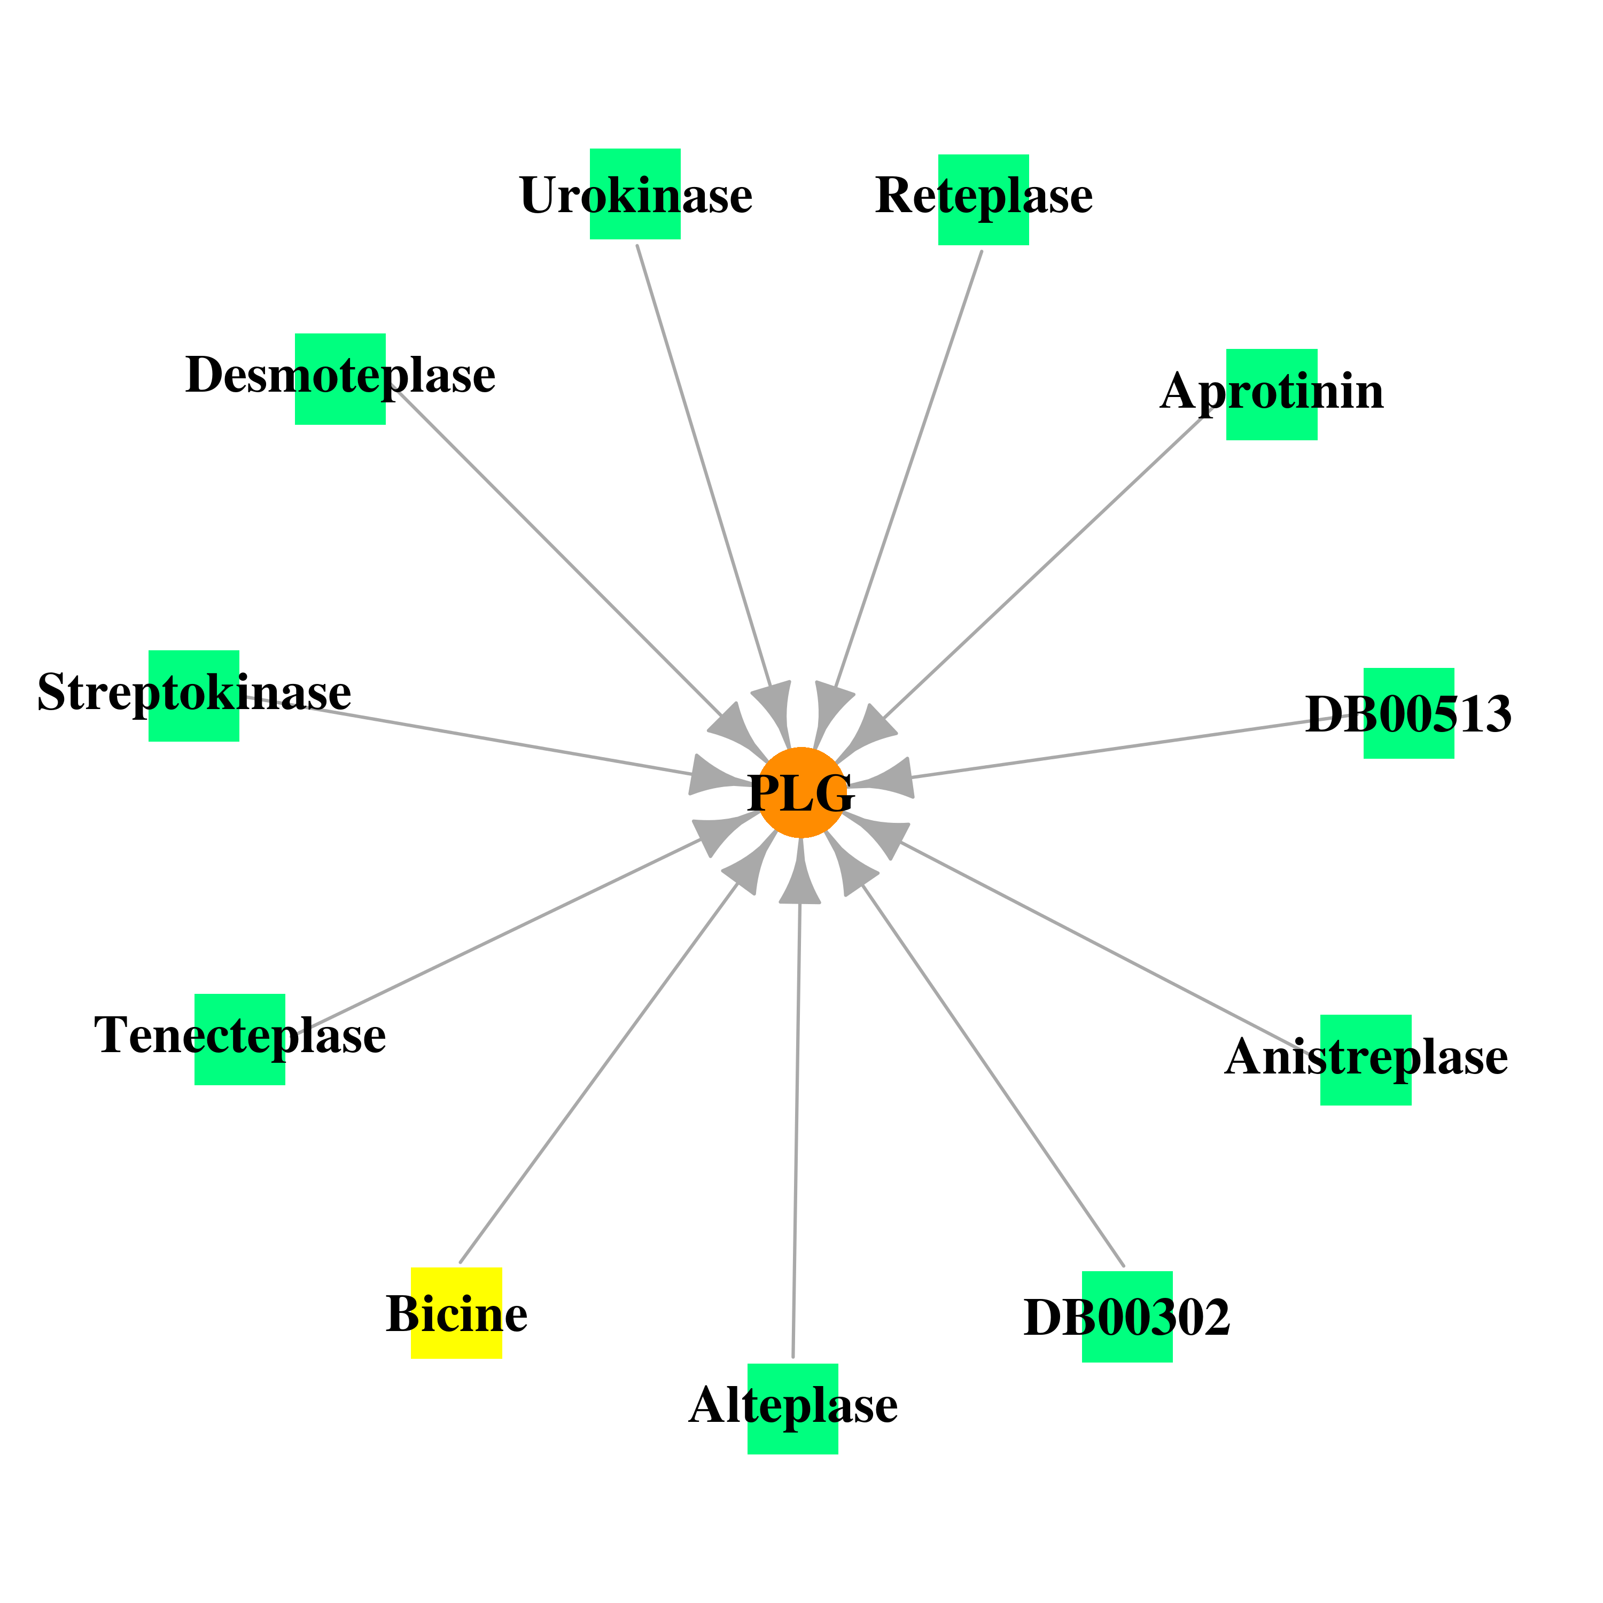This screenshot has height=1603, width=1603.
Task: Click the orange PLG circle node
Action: coord(801,792)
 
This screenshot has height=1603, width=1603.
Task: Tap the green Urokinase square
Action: coord(635,194)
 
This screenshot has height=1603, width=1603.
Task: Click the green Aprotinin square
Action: coord(1272,394)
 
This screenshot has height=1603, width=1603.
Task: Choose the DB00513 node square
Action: coord(1409,713)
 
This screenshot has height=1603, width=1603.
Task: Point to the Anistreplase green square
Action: coord(1366,1060)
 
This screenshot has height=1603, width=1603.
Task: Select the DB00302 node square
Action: coord(1127,1317)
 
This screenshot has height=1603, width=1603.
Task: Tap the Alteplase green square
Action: coord(793,1409)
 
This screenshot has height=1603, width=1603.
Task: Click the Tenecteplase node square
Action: coord(240,1040)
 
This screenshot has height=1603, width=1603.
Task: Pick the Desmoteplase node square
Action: coord(340,379)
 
